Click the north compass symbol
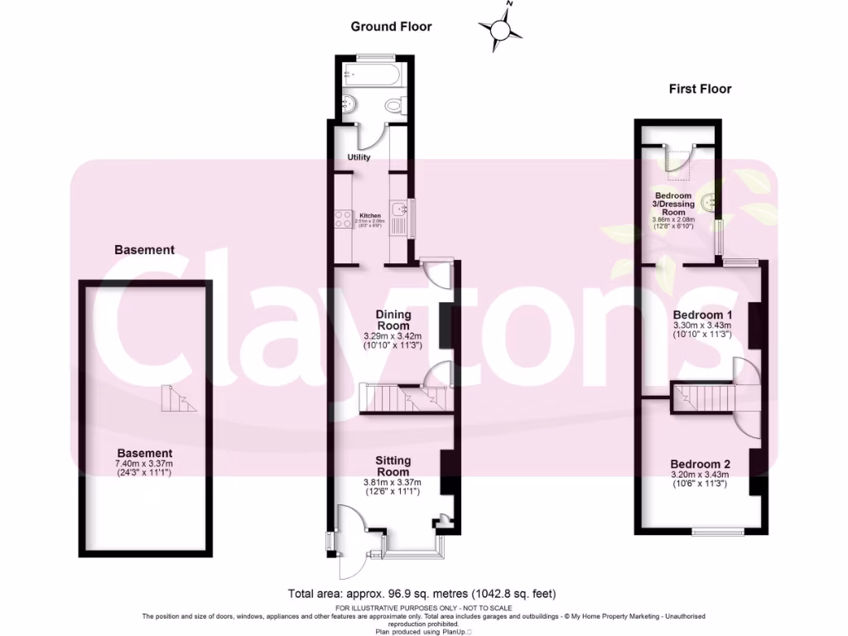[x=500, y=30]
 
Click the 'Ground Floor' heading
[x=391, y=26]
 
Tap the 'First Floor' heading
[x=700, y=89]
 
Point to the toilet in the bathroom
[x=394, y=106]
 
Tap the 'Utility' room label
[x=359, y=157]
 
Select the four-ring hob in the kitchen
[x=342, y=220]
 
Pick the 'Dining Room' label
[x=393, y=320]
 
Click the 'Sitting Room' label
[x=393, y=466]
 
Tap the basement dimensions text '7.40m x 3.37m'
[x=144, y=464]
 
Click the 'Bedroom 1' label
[x=702, y=316]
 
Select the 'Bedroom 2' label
[x=700, y=464]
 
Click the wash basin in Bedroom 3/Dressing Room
[x=709, y=202]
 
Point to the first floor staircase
[x=702, y=397]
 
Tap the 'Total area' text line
[x=422, y=593]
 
